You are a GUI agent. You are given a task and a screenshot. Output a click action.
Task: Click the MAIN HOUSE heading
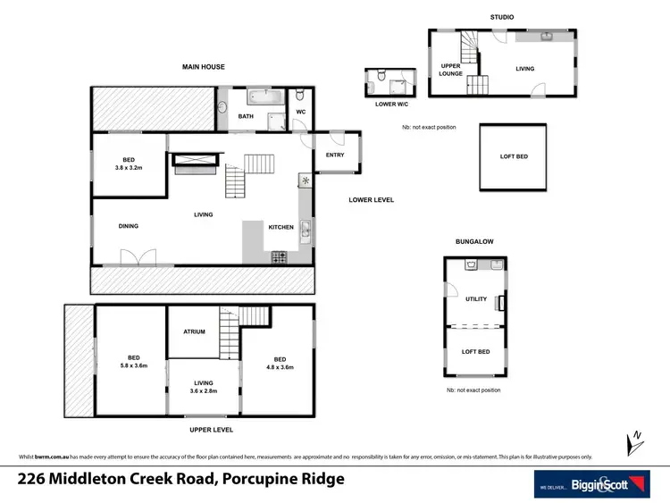203,67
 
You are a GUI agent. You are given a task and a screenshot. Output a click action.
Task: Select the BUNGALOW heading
475,241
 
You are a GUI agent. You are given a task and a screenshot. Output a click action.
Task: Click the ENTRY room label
334,155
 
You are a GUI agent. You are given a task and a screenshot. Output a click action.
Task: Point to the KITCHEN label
281,227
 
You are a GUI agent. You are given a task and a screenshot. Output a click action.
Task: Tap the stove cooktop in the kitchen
279,257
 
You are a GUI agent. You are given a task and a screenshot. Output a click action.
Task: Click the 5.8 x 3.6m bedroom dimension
130,366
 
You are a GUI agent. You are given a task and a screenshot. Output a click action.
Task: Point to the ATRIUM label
194,331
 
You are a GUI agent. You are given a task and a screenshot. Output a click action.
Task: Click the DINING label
129,226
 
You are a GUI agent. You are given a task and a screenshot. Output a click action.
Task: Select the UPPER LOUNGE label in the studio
450,70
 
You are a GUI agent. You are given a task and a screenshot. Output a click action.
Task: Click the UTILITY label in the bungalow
475,299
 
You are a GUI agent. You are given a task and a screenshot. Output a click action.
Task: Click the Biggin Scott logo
592,483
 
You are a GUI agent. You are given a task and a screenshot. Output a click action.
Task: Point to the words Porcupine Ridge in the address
281,480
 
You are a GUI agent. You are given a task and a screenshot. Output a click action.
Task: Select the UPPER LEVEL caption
205,429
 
